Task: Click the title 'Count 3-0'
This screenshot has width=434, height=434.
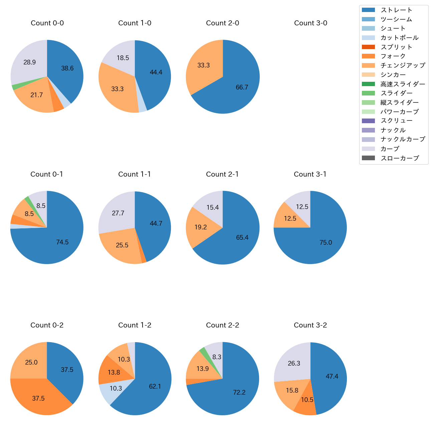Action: [310, 23]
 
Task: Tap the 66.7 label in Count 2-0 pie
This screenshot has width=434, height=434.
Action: [242, 87]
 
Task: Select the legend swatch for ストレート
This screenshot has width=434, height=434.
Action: [368, 10]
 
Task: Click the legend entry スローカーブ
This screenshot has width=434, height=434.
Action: [400, 158]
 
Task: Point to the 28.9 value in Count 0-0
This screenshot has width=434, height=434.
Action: [30, 62]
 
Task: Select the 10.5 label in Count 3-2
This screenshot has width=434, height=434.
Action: [307, 400]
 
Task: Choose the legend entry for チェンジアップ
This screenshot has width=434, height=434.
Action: [403, 65]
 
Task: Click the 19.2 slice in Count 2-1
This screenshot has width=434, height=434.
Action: [201, 227]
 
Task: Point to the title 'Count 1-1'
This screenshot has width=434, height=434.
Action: [135, 174]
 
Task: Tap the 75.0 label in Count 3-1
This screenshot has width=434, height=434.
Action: [325, 243]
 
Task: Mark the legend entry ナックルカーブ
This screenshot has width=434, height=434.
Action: [403, 140]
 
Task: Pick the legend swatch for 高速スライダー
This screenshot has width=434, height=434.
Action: [368, 84]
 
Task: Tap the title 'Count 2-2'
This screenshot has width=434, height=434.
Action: [223, 325]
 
